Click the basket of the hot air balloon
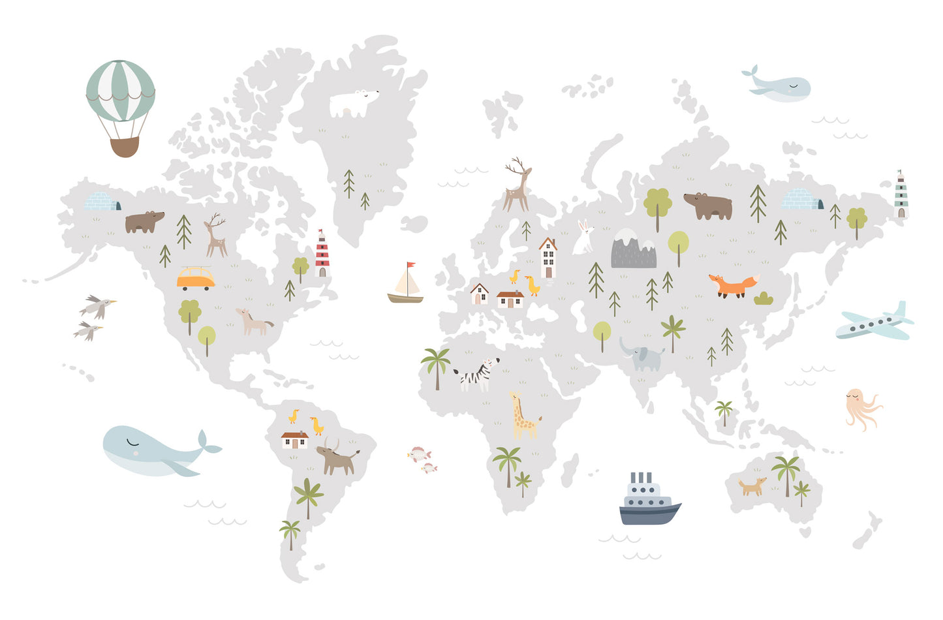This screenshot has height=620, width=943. coord(124,147)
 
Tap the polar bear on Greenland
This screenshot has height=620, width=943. coord(352,103)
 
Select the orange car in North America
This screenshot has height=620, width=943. coord(195,279)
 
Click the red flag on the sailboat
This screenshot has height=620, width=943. coord(410,265)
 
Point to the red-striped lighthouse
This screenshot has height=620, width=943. coord(322,255)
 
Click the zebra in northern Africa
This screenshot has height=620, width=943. coord(478,375)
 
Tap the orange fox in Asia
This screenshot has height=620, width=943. coord(733,285)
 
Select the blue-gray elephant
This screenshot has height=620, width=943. coord(643,356)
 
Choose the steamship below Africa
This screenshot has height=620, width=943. coord(648,502)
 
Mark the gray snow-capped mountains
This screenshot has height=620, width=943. coord(633,249)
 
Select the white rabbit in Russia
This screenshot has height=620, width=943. coord(583,238)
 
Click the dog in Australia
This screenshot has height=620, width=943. coord(752,486)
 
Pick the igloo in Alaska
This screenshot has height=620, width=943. coord(102,202)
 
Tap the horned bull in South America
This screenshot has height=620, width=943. coord(337,457)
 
